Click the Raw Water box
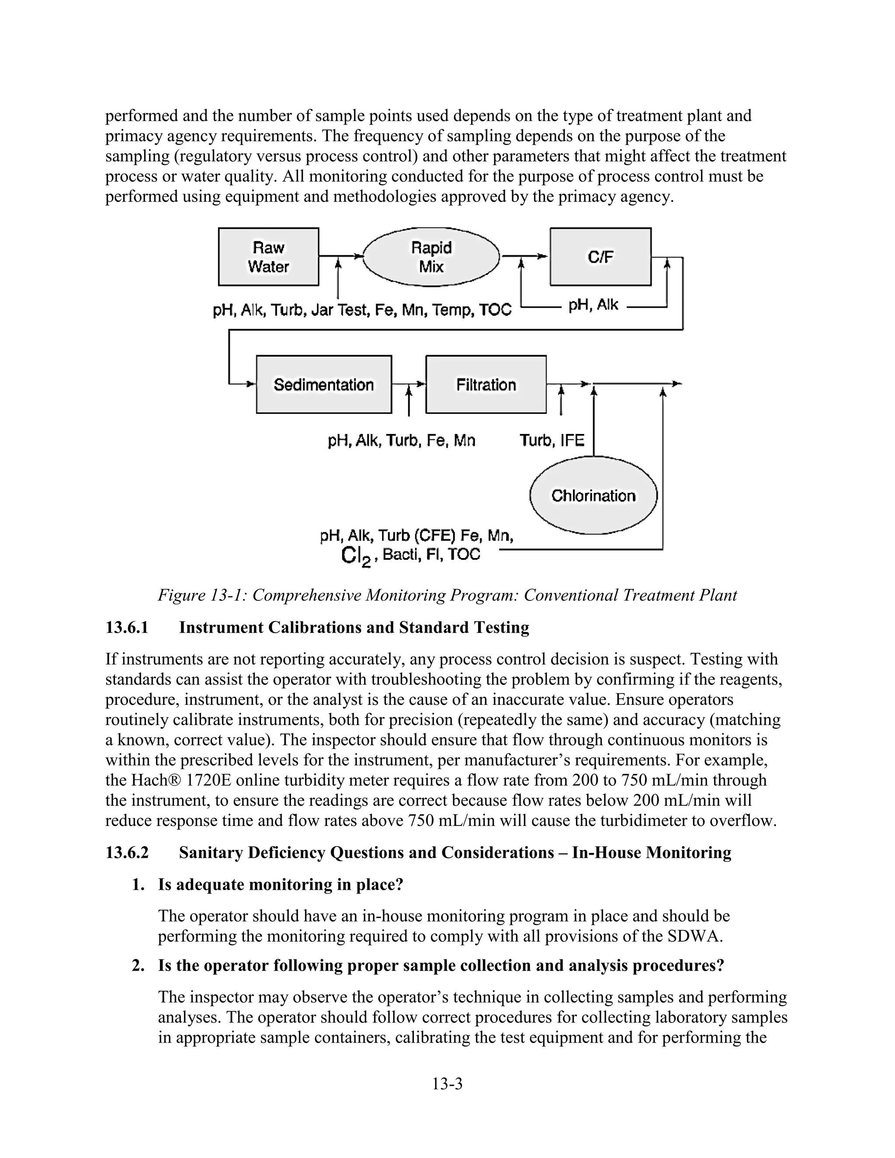pyautogui.click(x=268, y=257)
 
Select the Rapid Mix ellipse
pyautogui.click(x=431, y=257)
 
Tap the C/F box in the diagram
pyautogui.click(x=600, y=257)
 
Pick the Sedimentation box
pyautogui.click(x=323, y=385)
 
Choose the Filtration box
pyautogui.click(x=486, y=385)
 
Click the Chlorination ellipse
pyautogui.click(x=593, y=496)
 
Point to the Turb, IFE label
pyautogui.click(x=552, y=440)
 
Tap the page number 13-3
pyautogui.click(x=447, y=1084)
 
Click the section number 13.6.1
pyautogui.click(x=127, y=627)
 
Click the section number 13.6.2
pyautogui.click(x=127, y=853)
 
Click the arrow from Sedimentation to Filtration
pyautogui.click(x=408, y=383)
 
